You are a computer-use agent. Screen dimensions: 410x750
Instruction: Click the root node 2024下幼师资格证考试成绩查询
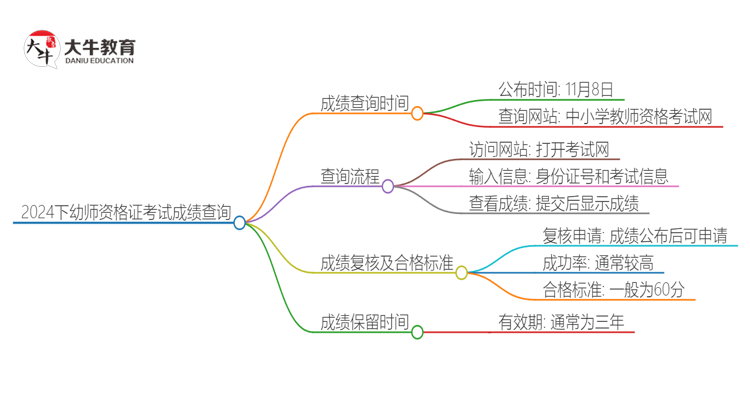pos(125,212)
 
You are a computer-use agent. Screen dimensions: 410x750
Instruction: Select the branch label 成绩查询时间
pos(364,103)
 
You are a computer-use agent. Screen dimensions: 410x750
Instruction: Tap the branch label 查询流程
pos(349,176)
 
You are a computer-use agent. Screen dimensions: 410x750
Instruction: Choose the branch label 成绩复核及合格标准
pos(386,263)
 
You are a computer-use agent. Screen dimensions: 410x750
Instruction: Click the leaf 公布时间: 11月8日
pos(555,88)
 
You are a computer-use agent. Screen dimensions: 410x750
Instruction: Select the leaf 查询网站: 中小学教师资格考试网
pos(606,117)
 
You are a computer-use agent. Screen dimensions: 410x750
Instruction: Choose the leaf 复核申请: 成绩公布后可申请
pos(634,237)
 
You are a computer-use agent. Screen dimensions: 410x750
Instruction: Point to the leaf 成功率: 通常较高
pos(598,263)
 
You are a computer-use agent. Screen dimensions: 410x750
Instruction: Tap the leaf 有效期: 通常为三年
pos(565,322)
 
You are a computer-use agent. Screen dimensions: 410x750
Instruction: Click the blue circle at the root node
pos(240,223)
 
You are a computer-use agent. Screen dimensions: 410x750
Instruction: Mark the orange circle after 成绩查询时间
pos(417,113)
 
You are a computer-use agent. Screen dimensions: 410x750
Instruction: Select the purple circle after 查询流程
pos(388,186)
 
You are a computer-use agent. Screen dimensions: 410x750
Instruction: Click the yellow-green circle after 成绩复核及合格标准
pos(461,272)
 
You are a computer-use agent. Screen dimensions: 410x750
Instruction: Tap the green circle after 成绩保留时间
pos(417,332)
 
